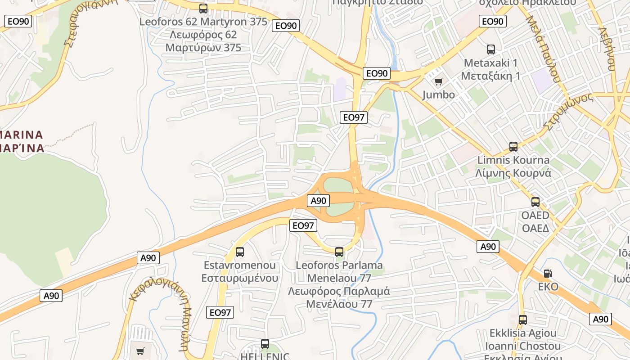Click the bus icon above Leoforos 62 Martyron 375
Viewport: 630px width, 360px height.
click(x=203, y=8)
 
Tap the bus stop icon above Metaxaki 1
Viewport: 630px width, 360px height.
click(x=491, y=49)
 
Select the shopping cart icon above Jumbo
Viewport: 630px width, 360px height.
click(x=438, y=81)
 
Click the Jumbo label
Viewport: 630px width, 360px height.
click(x=438, y=95)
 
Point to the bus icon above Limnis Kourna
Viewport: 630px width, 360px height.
click(x=513, y=146)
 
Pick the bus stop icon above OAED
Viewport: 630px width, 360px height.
click(x=535, y=202)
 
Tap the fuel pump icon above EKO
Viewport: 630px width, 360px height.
click(x=548, y=273)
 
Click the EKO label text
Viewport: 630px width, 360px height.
click(x=548, y=287)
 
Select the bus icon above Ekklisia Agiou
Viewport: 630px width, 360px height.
click(x=523, y=320)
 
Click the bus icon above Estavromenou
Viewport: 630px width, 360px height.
click(x=240, y=252)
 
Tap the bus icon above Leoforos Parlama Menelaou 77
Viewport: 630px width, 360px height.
click(x=339, y=252)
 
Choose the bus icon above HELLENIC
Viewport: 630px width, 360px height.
click(x=265, y=344)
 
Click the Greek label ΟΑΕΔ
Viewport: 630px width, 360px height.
click(x=535, y=228)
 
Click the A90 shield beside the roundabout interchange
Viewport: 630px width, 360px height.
click(x=318, y=201)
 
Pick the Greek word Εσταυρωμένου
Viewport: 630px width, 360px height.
click(x=240, y=278)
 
